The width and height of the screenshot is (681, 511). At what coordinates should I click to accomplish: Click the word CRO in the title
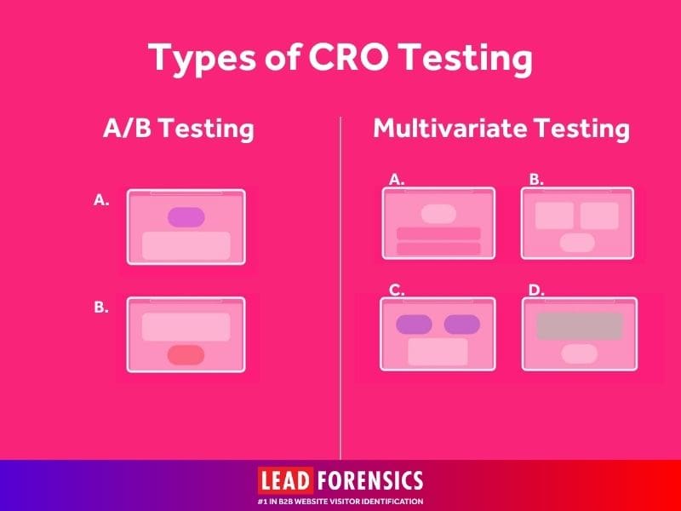pos(348,57)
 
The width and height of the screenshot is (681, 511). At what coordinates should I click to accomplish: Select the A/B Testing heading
pos(179,129)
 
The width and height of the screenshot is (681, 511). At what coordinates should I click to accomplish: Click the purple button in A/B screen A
pos(186,217)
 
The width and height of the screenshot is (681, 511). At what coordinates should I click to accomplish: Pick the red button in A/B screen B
pos(186,355)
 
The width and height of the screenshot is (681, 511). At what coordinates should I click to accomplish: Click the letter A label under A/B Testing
pos(101,200)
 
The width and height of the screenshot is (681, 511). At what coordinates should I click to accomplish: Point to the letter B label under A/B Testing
pos(101,307)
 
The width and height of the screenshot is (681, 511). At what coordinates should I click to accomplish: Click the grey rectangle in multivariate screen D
pos(580,326)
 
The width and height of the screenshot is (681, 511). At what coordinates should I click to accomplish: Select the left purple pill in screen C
pos(414,324)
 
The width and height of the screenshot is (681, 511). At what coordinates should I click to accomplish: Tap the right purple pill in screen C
pos(461,324)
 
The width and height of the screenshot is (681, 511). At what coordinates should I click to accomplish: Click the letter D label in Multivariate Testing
pos(536,290)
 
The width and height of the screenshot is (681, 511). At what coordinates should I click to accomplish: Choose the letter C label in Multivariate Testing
pos(397,290)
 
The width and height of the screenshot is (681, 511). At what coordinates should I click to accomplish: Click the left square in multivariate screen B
pos(554,215)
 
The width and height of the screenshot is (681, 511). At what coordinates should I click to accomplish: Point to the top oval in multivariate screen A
pos(438,214)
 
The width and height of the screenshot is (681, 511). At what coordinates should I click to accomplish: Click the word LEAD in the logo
pos(286,480)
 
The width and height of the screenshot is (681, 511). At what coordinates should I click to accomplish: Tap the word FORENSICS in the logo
pos(370,480)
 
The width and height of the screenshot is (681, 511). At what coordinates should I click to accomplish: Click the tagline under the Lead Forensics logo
pos(340,501)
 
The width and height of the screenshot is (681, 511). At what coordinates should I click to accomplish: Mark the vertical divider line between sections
pos(340,288)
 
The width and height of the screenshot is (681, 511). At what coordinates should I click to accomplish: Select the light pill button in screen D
pos(580,354)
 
